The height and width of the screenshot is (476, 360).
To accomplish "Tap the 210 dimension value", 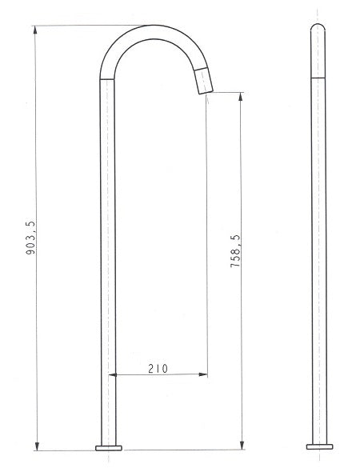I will click(x=158, y=368).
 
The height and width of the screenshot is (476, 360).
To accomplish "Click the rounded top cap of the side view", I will click(x=317, y=29).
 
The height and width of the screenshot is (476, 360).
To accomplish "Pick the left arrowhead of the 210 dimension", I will click(x=112, y=374).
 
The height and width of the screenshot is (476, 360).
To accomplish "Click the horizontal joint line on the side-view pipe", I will click(x=317, y=78).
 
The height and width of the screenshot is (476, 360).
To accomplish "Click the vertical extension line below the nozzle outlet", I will click(x=208, y=240).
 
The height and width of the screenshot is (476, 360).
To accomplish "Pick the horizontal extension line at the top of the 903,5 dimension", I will click(x=88, y=25).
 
